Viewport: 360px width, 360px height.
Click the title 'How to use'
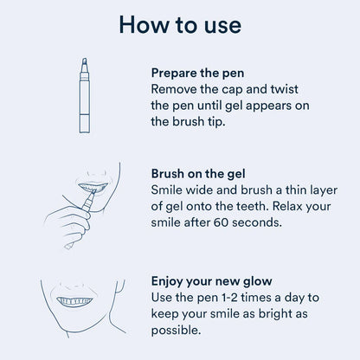[x=180, y=23]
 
